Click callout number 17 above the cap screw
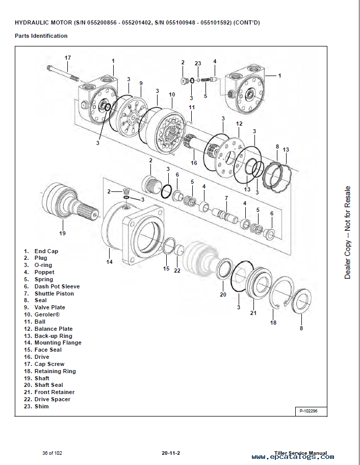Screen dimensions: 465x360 tap(68, 57)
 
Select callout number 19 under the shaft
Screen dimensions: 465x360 tap(62, 233)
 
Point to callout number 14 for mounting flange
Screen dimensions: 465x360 tap(109, 262)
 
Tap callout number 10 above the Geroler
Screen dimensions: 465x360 tap(172, 94)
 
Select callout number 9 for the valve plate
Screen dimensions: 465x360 tap(140, 83)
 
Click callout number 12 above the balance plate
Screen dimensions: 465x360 tap(239, 124)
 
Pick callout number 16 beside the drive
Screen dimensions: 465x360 tap(194, 163)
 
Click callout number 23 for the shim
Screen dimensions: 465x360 tap(198, 63)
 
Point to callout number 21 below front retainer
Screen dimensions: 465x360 tap(253, 313)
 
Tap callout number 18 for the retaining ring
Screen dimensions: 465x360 tap(273, 323)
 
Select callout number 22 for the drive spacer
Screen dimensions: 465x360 tap(177, 271)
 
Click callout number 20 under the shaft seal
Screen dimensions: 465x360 tap(223, 295)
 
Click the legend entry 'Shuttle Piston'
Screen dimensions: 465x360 tap(54, 293)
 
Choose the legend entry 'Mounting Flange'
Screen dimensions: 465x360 tap(58, 342)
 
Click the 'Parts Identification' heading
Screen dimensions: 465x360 tap(41, 36)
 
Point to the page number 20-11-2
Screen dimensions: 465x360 tap(171, 453)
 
